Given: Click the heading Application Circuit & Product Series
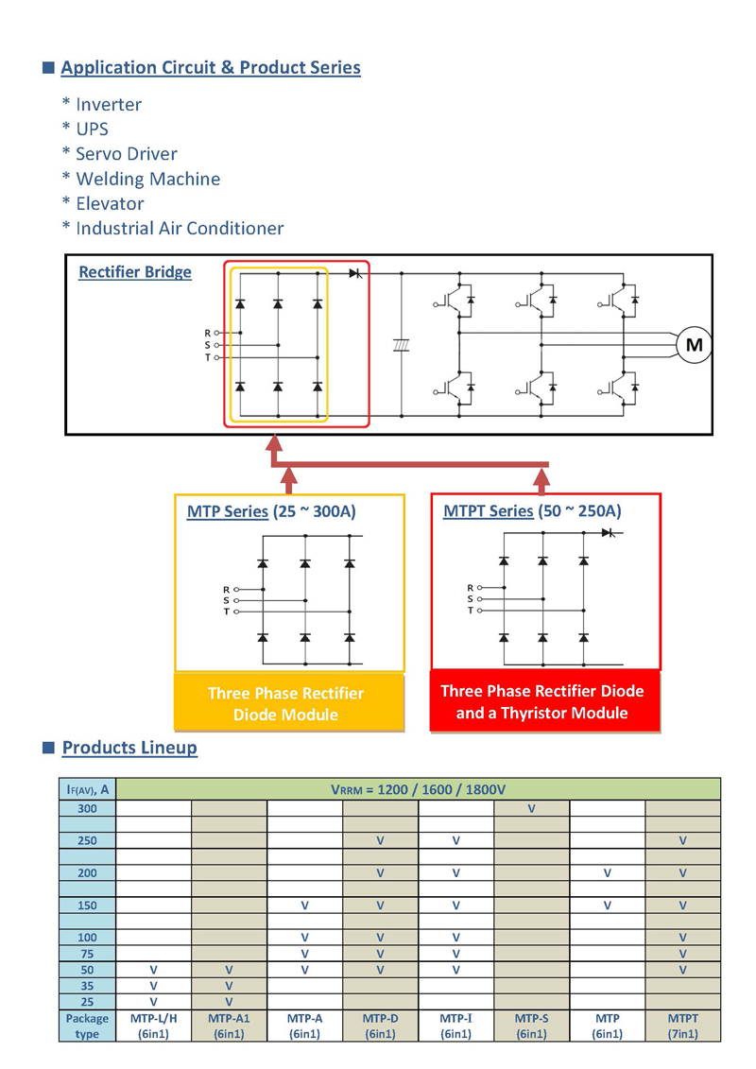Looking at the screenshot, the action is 211,67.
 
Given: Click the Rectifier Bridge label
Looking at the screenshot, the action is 135,272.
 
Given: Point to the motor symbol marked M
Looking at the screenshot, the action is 694,345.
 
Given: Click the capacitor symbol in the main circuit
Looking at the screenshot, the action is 401,346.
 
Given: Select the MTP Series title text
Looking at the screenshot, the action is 228,511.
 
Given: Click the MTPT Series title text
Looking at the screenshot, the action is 489,510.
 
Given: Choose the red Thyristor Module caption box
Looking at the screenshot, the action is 545,701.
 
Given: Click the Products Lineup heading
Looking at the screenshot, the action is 129,748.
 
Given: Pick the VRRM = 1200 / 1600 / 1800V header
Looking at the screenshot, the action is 418,789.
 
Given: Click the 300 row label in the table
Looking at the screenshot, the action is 87,808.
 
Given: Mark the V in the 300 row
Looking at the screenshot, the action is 531,808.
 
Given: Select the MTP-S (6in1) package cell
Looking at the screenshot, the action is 532,1026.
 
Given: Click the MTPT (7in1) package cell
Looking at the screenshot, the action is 682,1026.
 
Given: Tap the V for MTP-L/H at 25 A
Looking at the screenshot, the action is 153,1002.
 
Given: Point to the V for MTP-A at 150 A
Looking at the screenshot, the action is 304,905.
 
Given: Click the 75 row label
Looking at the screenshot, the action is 87,954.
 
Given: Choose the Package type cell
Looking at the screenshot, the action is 87,1026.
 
